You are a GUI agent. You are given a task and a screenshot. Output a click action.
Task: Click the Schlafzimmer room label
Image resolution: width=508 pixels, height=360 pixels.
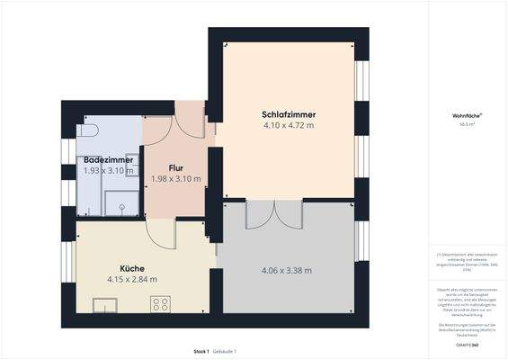click(x=288, y=115)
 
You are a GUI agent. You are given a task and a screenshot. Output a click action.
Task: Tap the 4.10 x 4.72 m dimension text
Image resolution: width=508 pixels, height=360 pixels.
click(x=288, y=126)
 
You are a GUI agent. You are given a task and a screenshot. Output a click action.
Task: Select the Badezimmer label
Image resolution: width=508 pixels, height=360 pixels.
click(x=102, y=159)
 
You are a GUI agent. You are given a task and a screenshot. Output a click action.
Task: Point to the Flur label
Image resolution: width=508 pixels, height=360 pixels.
click(x=176, y=167)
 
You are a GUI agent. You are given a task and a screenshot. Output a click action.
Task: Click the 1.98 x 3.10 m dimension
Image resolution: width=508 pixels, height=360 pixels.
click(x=176, y=179)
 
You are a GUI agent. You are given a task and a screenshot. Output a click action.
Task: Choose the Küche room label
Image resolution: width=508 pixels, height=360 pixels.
click(x=131, y=268)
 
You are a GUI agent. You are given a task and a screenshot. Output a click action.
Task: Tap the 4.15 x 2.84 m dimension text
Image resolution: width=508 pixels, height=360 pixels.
click(x=131, y=279)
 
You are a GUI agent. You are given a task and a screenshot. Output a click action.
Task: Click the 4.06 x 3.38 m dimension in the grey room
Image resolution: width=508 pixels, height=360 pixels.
click(x=286, y=271)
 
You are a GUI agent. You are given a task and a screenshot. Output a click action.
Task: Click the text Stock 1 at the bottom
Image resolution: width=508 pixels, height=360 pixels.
click(x=201, y=350)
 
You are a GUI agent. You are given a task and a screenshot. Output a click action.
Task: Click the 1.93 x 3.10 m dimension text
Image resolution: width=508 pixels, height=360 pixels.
click(x=102, y=170)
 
